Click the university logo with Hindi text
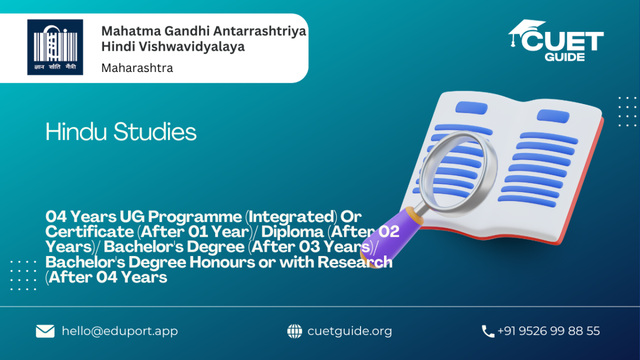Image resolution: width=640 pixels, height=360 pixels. [55, 47]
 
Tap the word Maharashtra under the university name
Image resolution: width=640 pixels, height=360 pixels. [137, 68]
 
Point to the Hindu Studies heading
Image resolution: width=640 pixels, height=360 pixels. [121, 131]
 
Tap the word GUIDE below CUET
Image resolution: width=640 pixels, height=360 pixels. [565, 57]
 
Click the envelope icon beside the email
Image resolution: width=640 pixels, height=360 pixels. [45, 331]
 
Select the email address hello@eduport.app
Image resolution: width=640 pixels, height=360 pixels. [119, 331]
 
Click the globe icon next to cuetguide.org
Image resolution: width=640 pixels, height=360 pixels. [294, 331]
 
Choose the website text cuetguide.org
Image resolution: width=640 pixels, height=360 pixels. [350, 331]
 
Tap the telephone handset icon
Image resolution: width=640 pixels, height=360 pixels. [487, 331]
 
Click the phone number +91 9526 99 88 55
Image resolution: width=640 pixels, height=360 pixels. [549, 331]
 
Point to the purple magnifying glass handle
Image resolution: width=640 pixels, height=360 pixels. [391, 237]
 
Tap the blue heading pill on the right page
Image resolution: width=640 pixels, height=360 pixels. [553, 116]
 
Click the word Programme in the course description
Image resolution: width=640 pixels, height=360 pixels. [195, 217]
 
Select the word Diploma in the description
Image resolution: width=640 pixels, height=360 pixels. [292, 231]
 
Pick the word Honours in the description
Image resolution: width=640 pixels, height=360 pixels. [222, 262]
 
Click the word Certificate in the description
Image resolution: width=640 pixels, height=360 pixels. [90, 231]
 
